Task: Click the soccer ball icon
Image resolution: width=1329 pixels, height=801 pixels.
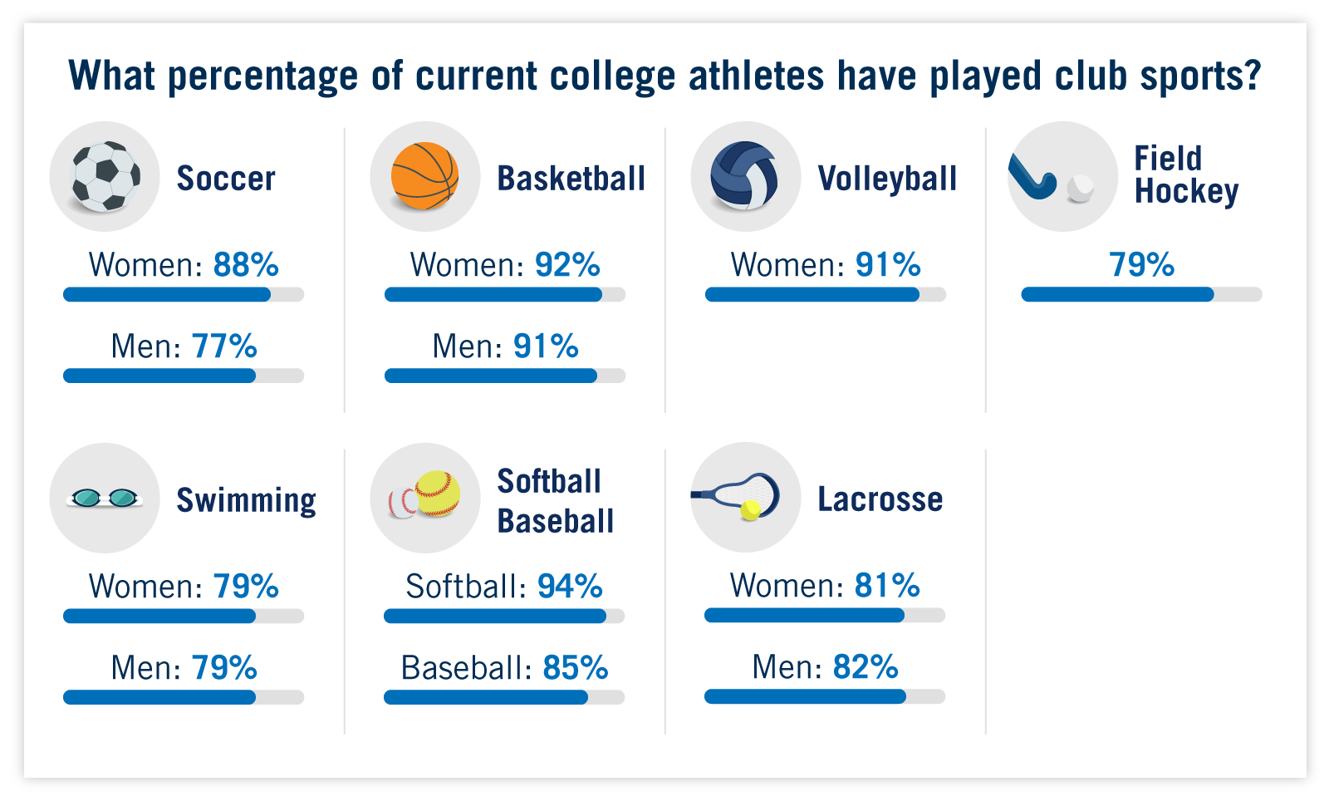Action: tap(105, 176)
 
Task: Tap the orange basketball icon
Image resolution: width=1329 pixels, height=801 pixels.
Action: tap(424, 176)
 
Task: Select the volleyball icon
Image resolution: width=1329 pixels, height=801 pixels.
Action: tap(744, 176)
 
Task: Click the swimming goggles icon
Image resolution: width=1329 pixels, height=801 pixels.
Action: tap(105, 498)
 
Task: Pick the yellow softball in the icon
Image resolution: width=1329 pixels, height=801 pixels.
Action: tap(437, 493)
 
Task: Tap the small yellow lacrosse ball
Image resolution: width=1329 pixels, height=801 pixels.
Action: tap(750, 509)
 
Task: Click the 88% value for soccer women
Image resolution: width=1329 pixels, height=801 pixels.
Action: tap(246, 265)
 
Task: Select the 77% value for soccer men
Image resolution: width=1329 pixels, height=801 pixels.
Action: tap(224, 346)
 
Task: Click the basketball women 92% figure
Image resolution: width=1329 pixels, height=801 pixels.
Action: tap(567, 265)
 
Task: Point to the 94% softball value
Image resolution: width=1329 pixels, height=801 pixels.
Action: tap(570, 587)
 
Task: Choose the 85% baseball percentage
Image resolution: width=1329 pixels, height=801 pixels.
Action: tap(576, 668)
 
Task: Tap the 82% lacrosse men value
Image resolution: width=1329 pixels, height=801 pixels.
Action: tap(866, 667)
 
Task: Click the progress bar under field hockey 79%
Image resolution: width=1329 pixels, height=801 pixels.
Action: tap(1141, 294)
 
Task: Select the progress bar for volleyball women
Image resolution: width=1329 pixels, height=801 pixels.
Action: tap(825, 294)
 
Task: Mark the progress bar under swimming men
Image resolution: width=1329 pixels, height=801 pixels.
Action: tap(183, 697)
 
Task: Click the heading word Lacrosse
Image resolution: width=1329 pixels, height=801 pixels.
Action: tap(880, 499)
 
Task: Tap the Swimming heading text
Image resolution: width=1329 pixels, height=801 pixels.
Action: tap(246, 500)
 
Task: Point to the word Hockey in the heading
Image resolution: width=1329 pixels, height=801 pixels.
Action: tap(1186, 192)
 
